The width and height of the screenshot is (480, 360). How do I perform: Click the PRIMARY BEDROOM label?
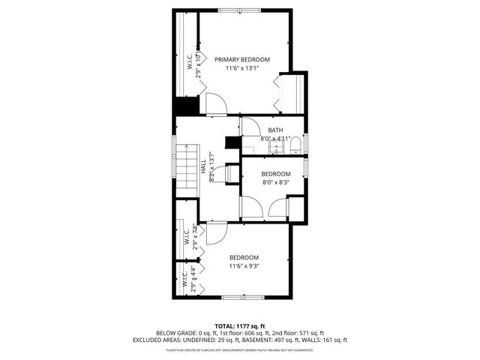(x=242, y=59)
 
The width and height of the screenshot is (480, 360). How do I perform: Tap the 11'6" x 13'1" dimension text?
(x=242, y=68)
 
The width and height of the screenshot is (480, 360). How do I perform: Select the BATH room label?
(x=275, y=130)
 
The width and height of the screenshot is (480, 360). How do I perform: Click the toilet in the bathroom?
(x=295, y=144)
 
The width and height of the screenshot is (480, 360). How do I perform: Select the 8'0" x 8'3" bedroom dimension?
(x=275, y=181)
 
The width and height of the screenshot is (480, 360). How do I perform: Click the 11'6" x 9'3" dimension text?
(x=244, y=265)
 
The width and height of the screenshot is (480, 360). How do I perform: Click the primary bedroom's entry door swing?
(x=215, y=103)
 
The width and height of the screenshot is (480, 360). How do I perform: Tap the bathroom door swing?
(x=250, y=125)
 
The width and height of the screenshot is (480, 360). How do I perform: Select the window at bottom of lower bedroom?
(x=243, y=298)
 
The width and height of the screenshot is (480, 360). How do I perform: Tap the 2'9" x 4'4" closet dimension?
(x=193, y=278)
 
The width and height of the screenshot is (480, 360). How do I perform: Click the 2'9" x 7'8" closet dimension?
(x=194, y=237)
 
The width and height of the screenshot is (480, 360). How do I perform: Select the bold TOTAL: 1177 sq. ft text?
(x=240, y=325)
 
